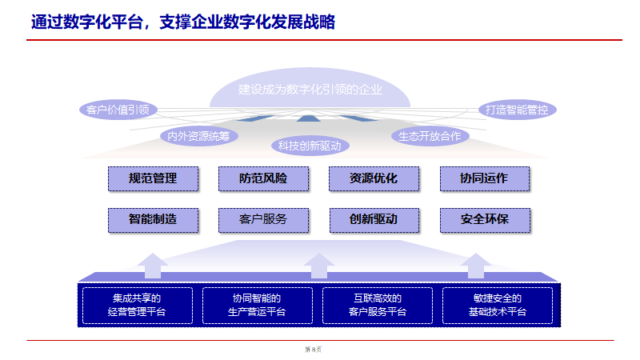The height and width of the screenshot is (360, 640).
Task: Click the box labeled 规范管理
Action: (153, 178)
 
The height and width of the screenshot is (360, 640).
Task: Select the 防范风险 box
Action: (263, 178)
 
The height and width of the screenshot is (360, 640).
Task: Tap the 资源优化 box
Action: (374, 178)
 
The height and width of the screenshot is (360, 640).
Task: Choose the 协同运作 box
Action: (484, 178)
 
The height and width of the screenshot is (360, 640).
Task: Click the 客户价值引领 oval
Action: (118, 110)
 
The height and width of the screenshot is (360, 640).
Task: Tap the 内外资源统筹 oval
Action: (199, 135)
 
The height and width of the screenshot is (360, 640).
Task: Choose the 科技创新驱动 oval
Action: (310, 146)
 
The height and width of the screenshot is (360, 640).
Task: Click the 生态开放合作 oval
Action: (430, 135)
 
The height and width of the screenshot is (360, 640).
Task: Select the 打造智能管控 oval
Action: (517, 110)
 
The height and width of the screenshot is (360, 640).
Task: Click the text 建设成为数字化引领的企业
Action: (310, 90)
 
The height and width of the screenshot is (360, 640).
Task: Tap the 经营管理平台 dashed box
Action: (137, 305)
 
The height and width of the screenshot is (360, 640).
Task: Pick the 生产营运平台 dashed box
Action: (257, 305)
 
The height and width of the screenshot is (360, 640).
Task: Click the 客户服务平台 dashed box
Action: (378, 305)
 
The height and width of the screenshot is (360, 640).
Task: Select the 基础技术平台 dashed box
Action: (498, 305)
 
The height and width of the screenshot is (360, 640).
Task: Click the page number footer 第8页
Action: (313, 349)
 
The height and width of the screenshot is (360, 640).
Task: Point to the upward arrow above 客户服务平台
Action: (319, 265)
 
